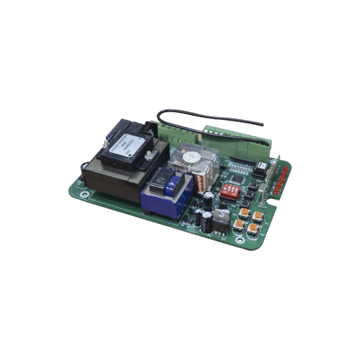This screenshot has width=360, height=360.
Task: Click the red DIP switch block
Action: tap(230, 191)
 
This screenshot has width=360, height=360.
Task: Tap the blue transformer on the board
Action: tap(166, 192)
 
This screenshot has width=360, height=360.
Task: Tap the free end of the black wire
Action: tap(262, 124)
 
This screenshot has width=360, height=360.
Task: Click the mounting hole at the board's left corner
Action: tap(84, 193)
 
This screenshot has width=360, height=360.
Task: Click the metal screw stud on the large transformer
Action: tap(155, 155)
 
